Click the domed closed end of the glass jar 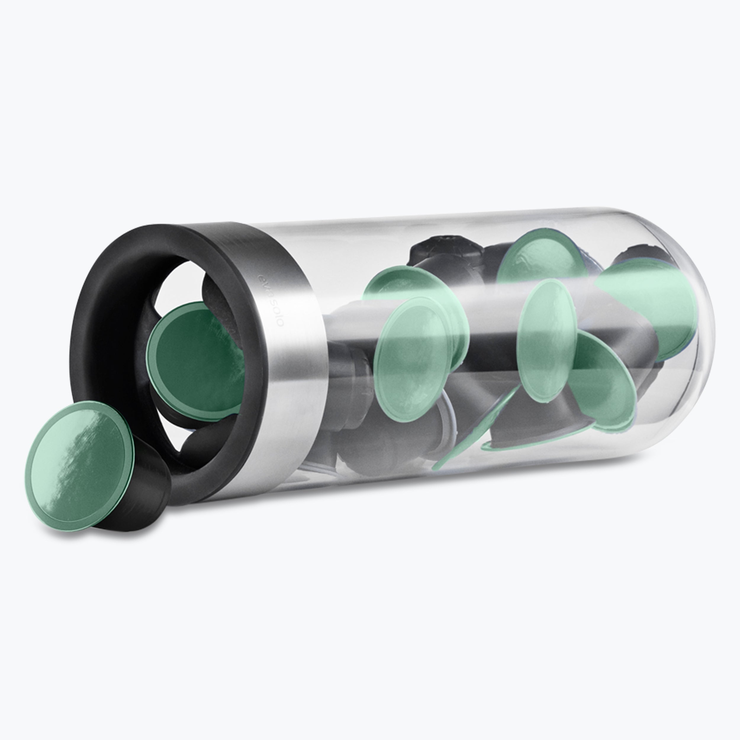click(x=686, y=337)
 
